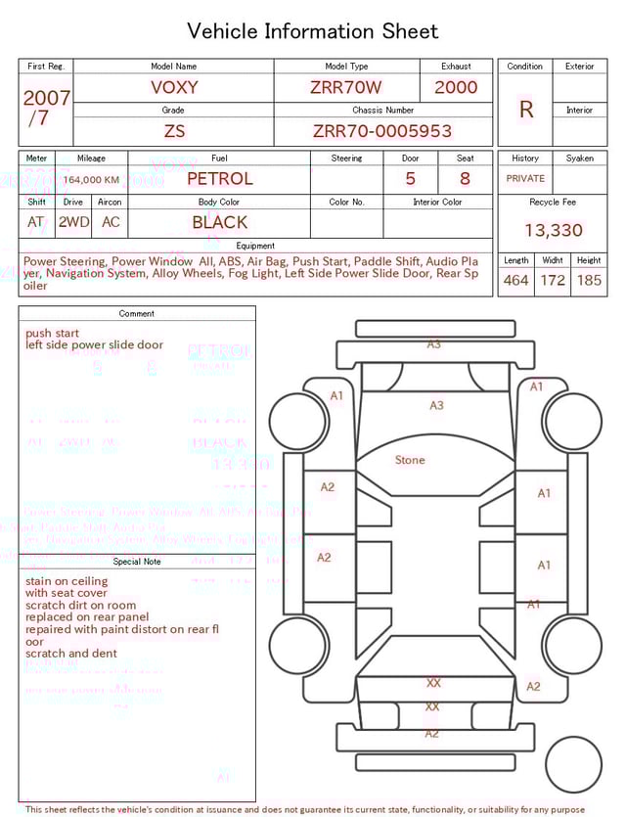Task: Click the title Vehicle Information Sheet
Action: tap(312, 30)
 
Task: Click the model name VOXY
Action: tap(174, 87)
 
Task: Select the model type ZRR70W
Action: tap(346, 87)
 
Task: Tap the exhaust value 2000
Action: tap(456, 87)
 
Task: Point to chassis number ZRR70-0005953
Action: tap(382, 131)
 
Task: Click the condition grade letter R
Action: tap(525, 110)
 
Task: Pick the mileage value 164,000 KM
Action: tap(93, 180)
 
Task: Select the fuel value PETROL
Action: tap(219, 178)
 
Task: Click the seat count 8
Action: tap(465, 179)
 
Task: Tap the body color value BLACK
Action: tap(219, 222)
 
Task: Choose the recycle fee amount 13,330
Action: tap(553, 231)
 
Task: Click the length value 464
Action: tap(515, 281)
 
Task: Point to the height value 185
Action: tap(589, 281)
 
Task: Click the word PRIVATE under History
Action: tap(525, 179)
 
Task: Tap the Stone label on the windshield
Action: tap(410, 460)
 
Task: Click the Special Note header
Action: tap(137, 562)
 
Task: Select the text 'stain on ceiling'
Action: tap(67, 581)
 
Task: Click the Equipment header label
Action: tap(255, 246)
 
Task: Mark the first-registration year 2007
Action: tap(46, 98)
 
